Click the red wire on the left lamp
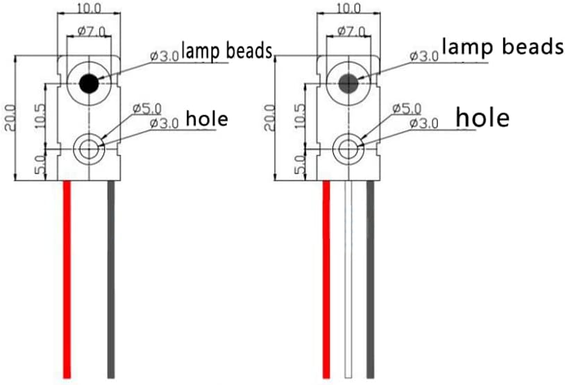click(x=67, y=280)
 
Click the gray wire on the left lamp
click(x=111, y=280)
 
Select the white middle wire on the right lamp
click(x=348, y=280)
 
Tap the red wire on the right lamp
click(x=326, y=280)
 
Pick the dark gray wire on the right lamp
click(x=370, y=280)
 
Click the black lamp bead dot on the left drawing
click(x=89, y=83)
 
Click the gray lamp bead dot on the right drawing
click(x=348, y=83)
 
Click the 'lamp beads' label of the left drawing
click(x=227, y=51)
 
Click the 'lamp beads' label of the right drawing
click(x=503, y=46)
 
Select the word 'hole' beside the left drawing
click(x=207, y=119)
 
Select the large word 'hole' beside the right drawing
click(x=482, y=117)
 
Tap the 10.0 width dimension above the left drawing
click(x=89, y=8)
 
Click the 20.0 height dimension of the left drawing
click(x=10, y=117)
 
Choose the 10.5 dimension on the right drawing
click(x=299, y=116)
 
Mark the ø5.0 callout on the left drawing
click(x=147, y=109)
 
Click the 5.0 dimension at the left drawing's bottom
click(x=40, y=164)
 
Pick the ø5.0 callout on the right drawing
click(x=407, y=109)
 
